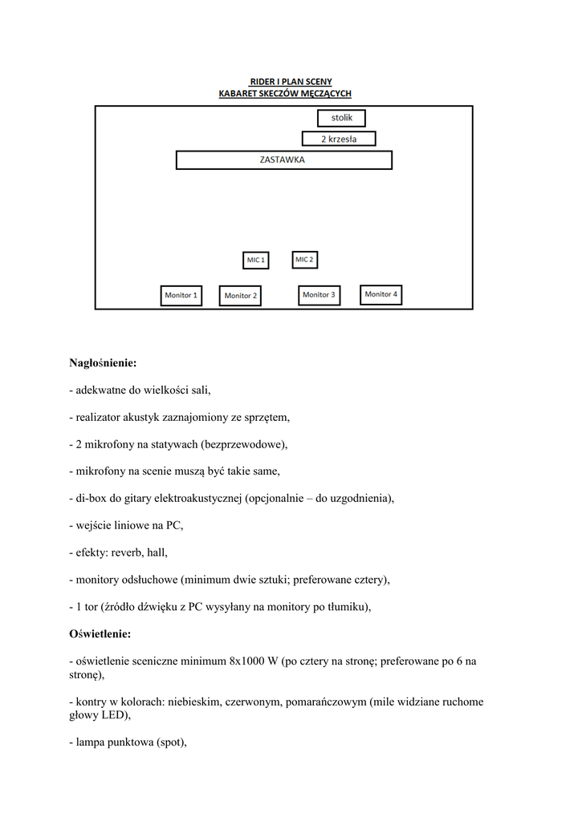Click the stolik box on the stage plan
[x=341, y=119]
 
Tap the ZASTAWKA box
[x=283, y=160]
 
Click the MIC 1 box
[x=256, y=261]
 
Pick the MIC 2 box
[x=304, y=260]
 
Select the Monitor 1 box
[x=181, y=295]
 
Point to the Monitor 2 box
[x=240, y=296]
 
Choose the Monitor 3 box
[x=319, y=295]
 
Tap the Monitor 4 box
[x=381, y=294]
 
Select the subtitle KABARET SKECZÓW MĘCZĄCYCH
[x=285, y=94]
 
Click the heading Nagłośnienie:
[x=103, y=363]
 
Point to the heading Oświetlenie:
[x=100, y=634]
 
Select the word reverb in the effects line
[x=126, y=552]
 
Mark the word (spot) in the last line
[x=170, y=742]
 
